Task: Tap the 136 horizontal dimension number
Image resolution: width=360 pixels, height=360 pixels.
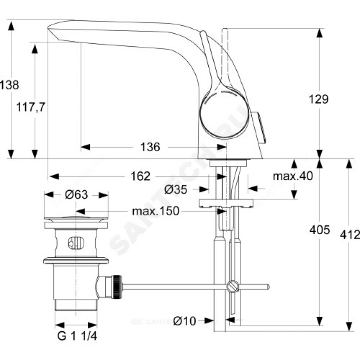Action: [x=150, y=147]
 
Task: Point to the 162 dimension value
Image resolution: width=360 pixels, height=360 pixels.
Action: [x=141, y=176]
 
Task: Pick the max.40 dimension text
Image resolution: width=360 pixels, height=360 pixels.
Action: [x=292, y=176]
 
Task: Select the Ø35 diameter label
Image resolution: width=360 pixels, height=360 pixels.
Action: [x=175, y=189]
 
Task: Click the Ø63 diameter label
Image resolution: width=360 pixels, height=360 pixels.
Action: [x=76, y=195]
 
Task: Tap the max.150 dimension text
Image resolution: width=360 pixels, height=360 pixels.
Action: [x=156, y=211]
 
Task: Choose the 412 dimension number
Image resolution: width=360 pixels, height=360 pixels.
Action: [x=351, y=234]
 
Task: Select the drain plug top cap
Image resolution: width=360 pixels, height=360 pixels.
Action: [x=76, y=222]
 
